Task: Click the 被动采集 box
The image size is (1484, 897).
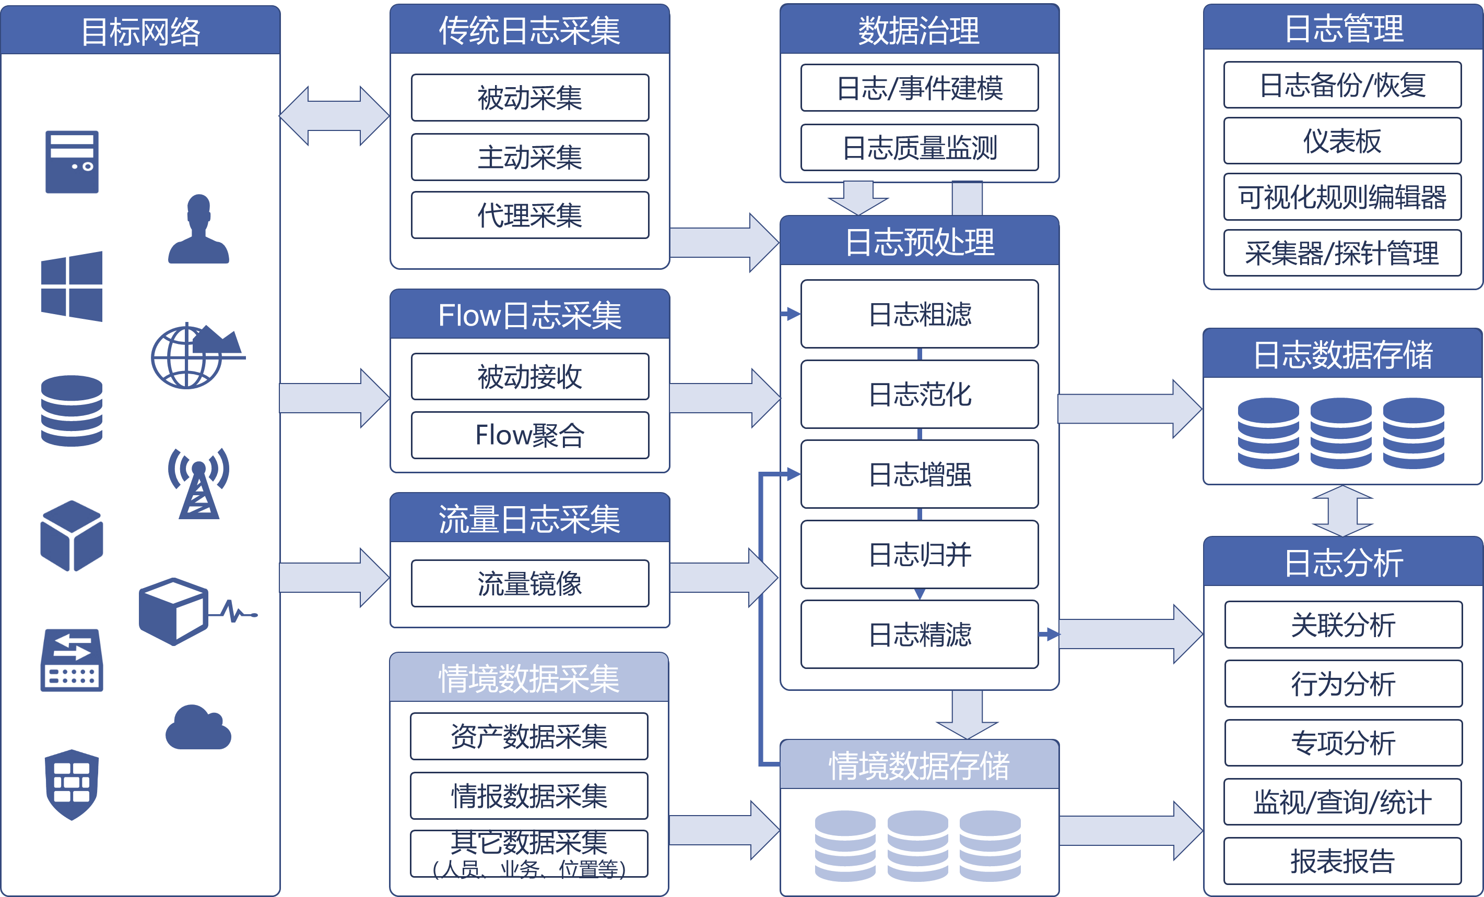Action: [529, 98]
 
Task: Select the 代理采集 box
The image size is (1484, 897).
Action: [529, 216]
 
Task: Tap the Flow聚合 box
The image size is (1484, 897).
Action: [529, 435]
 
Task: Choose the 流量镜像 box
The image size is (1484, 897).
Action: [529, 583]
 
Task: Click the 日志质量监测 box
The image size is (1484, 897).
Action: [919, 148]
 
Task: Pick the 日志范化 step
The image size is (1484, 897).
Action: [919, 394]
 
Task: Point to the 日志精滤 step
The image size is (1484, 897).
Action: [919, 635]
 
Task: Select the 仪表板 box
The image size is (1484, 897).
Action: [1342, 141]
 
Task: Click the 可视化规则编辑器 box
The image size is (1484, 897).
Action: [1342, 197]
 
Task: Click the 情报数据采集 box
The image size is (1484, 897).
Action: [529, 796]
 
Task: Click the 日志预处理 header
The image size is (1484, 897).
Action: [919, 242]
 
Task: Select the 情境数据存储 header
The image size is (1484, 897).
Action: [919, 765]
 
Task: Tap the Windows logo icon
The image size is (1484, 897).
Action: [72, 286]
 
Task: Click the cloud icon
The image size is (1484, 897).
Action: [198, 728]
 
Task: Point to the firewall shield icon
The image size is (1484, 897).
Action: [72, 784]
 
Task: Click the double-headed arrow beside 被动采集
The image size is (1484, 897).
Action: [334, 116]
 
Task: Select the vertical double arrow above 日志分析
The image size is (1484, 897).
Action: [1342, 511]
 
